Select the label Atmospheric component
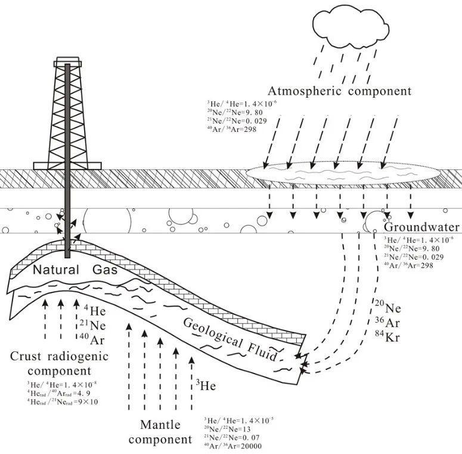339,91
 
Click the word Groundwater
421,227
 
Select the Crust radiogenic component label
60,364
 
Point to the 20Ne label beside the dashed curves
387,309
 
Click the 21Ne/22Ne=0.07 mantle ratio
232,437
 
